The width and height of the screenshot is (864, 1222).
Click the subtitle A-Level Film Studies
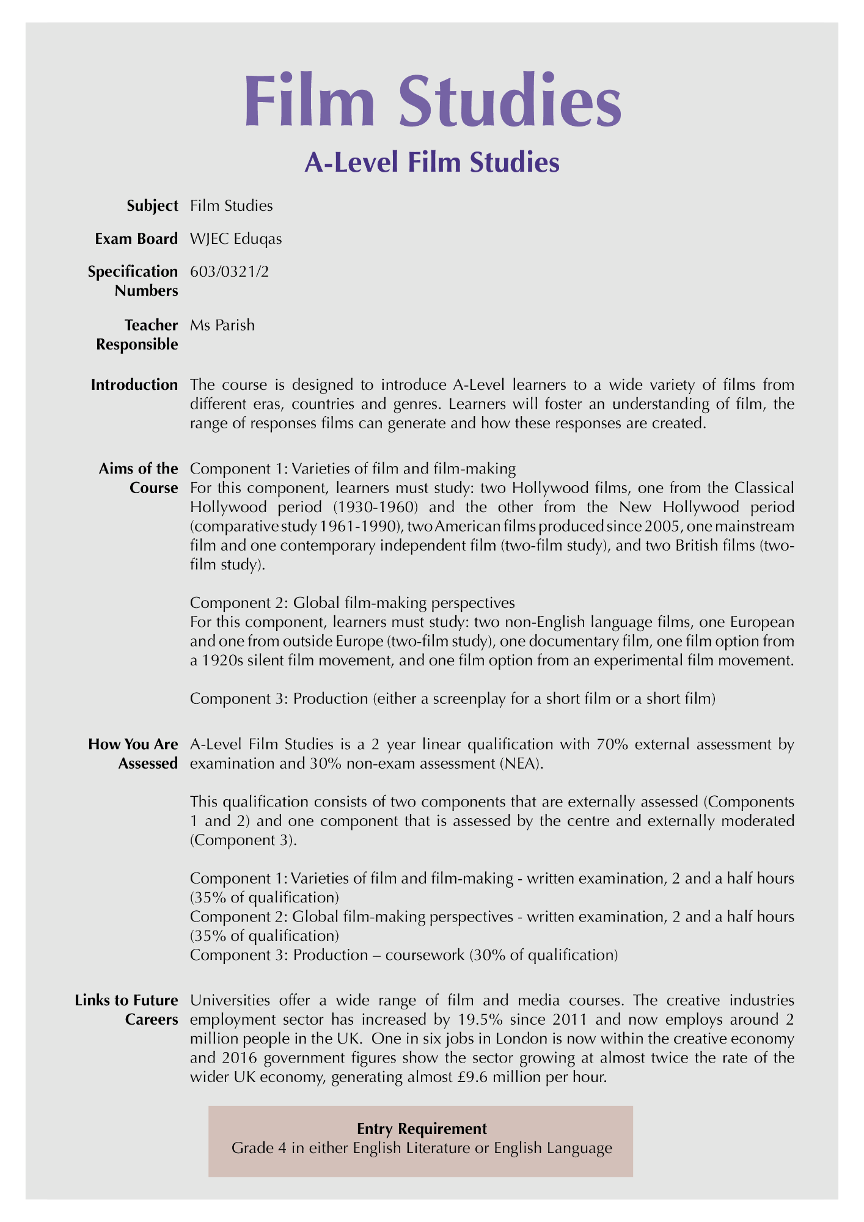tap(432, 162)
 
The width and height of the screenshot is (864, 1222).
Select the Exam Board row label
tap(136, 239)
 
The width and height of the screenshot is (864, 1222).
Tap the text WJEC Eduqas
tap(236, 239)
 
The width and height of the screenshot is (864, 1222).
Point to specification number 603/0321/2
tap(229, 271)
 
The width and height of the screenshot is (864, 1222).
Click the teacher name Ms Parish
tap(222, 325)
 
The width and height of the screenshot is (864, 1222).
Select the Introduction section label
tap(134, 385)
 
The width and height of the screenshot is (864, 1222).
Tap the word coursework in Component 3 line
tap(433, 954)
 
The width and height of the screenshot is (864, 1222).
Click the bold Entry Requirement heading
tap(422, 1129)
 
